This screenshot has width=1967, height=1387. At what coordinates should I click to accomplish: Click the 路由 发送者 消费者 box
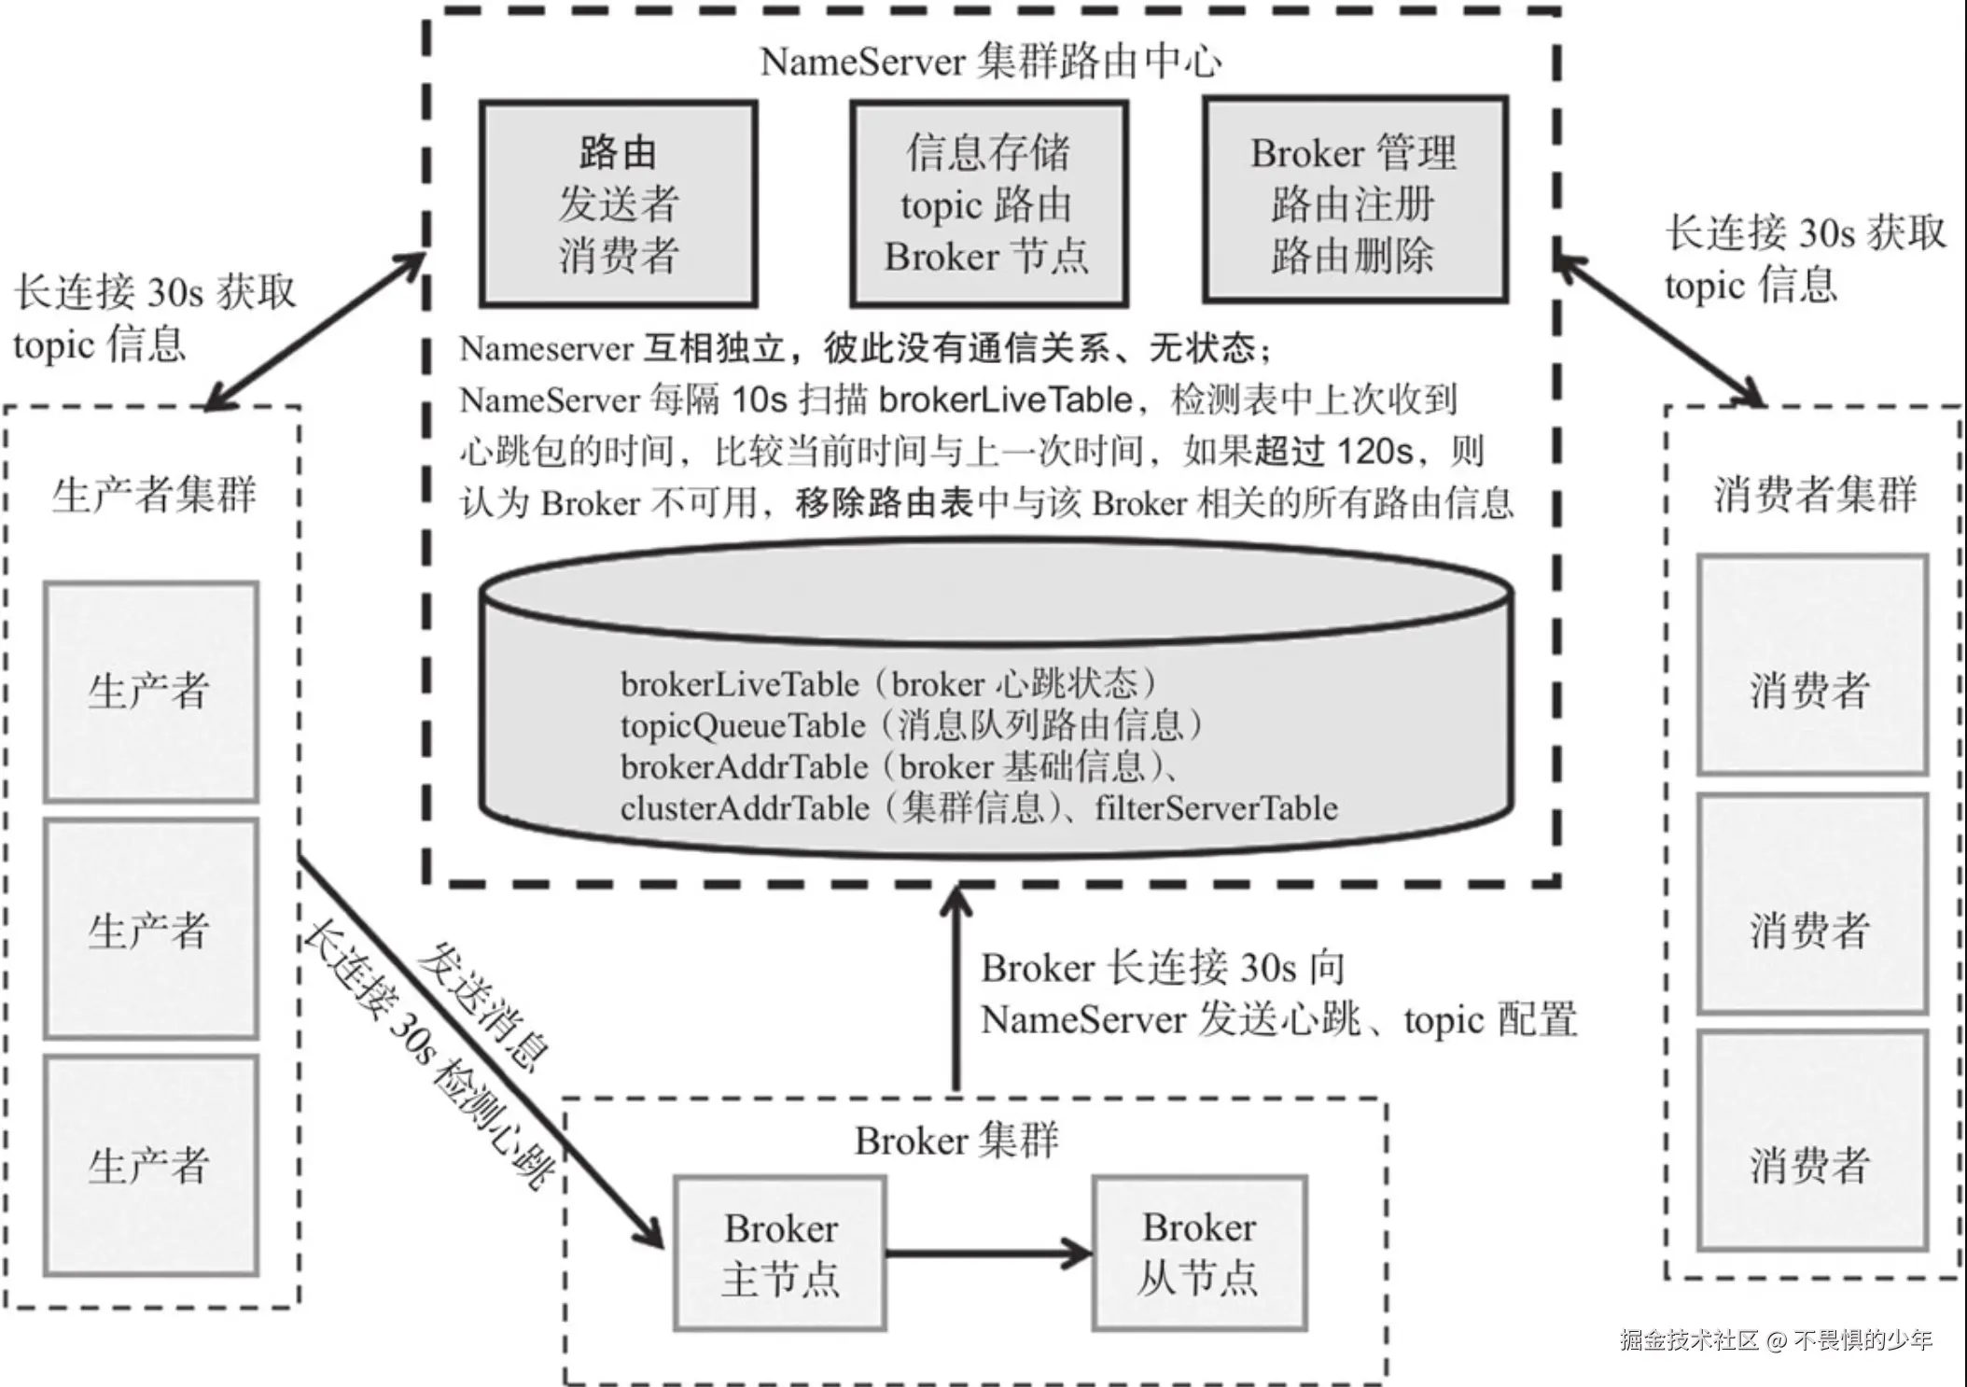click(x=619, y=203)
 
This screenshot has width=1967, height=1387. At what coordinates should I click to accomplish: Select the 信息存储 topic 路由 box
click(x=989, y=203)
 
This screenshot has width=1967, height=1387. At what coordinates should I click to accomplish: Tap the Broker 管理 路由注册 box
click(x=1356, y=200)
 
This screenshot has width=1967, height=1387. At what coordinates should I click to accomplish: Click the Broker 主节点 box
click(x=780, y=1253)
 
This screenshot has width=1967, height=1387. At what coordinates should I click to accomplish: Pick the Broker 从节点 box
click(x=1200, y=1253)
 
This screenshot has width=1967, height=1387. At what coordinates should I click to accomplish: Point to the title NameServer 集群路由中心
click(x=991, y=62)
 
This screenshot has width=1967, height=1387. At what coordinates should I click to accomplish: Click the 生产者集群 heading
click(x=154, y=494)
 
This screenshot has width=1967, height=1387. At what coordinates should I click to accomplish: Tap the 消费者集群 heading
click(x=1815, y=494)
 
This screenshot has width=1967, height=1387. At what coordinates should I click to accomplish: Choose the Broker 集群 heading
click(x=957, y=1141)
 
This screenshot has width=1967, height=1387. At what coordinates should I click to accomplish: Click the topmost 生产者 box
click(x=151, y=692)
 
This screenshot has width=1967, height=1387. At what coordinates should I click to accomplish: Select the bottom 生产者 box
click(x=151, y=1166)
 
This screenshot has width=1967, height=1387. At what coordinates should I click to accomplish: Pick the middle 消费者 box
click(x=1812, y=904)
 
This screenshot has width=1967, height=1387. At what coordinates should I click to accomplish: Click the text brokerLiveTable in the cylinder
click(x=740, y=684)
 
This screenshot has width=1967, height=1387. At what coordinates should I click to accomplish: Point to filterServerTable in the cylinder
click(x=1217, y=808)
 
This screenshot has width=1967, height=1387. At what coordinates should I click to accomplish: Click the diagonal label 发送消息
click(x=482, y=1005)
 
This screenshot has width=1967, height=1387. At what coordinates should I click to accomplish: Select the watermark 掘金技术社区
click(x=1689, y=1340)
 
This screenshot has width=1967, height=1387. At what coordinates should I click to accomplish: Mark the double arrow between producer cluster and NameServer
click(x=315, y=331)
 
